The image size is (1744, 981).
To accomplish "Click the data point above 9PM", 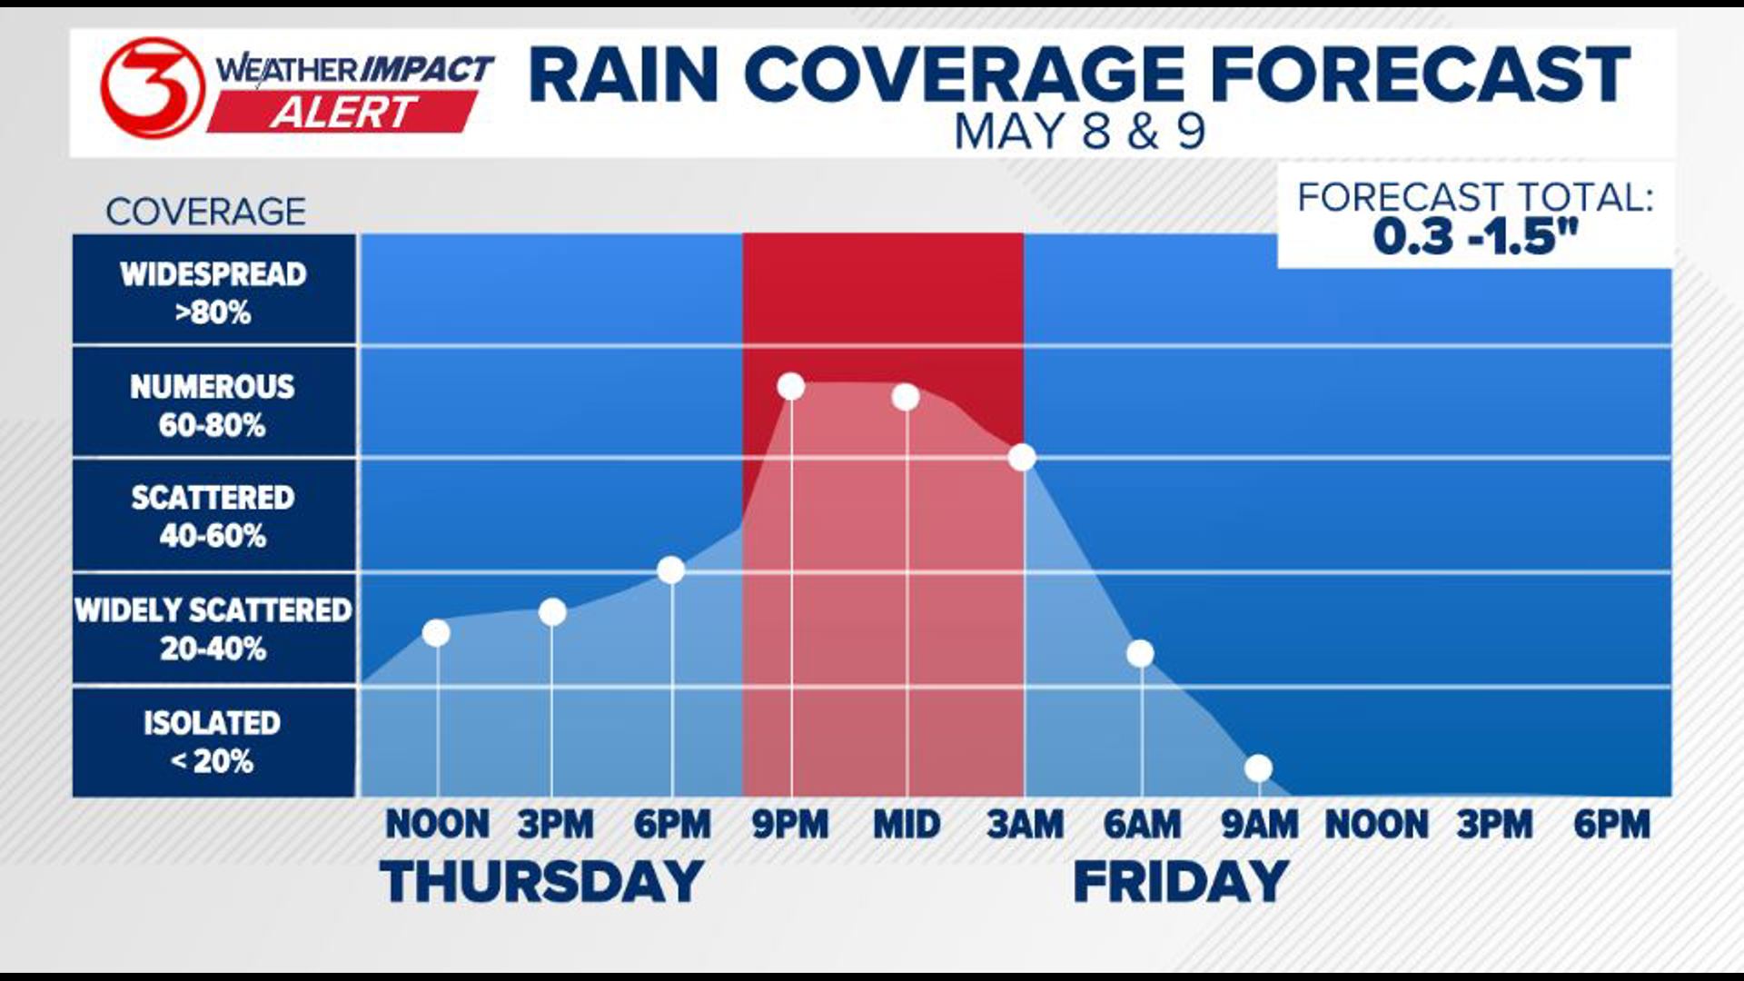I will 791,387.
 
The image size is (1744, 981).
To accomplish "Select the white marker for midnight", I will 906,397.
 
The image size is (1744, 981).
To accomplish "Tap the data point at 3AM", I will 1022,457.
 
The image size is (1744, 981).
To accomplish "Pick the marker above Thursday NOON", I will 436,632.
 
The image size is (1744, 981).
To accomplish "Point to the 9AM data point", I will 1258,768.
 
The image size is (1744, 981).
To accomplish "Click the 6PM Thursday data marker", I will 670,570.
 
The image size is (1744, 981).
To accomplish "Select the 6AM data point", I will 1140,653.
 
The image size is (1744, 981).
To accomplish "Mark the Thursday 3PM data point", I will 552,612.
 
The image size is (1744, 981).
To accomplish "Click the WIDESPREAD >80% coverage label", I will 213,292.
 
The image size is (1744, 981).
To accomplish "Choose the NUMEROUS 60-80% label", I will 213,405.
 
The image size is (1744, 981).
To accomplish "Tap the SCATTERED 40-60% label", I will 213,516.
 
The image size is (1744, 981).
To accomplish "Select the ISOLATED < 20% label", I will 213,741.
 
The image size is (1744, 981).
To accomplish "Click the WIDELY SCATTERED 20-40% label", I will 213,629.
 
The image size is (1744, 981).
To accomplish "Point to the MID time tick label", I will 907,825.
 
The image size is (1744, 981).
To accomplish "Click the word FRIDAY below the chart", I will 1181,882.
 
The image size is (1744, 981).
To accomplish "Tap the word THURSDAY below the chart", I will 542,882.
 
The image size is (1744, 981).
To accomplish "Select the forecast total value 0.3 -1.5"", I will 1475,237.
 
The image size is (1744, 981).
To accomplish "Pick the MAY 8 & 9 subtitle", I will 1079,132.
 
